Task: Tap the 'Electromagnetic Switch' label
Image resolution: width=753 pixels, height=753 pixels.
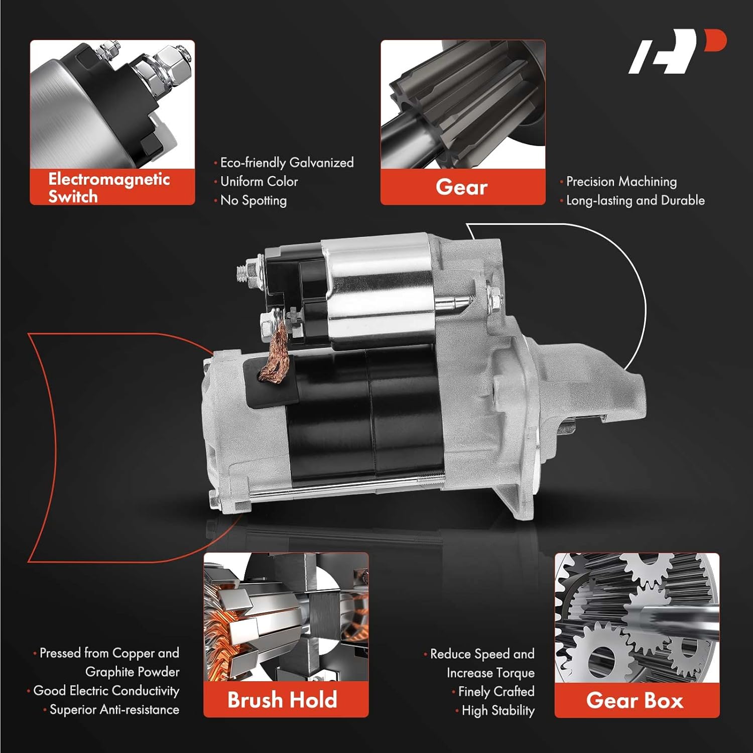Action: coord(109,187)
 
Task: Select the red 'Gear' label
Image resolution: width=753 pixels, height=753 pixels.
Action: coord(462,187)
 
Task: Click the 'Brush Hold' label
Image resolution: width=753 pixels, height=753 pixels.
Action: coord(282,700)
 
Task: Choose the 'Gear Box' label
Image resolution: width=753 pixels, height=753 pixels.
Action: coord(635,700)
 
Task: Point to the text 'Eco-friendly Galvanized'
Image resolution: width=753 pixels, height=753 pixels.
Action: coord(287,163)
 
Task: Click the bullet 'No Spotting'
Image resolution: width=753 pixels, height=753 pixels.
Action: coord(254,200)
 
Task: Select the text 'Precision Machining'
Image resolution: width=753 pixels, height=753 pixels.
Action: coord(621,181)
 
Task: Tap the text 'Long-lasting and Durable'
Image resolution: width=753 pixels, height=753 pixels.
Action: coord(635,200)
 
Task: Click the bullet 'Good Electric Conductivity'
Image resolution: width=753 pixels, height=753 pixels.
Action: coord(106,691)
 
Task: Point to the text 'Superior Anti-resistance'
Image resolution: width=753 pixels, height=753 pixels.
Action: coord(114,710)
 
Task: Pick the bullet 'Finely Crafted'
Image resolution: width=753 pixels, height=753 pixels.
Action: coord(496,692)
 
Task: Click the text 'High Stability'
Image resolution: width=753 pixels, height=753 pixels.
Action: coord(497,711)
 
